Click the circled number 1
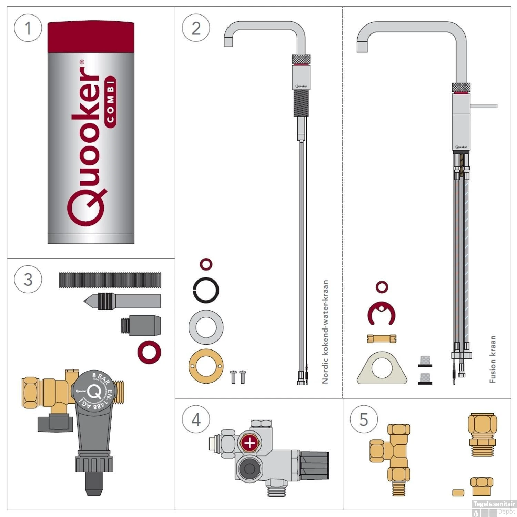click(x=28, y=28)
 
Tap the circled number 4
click(x=196, y=419)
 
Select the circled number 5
click(x=364, y=419)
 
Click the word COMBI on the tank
click(x=110, y=102)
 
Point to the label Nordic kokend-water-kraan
click(x=325, y=332)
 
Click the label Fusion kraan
click(x=493, y=359)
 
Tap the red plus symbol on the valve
click(x=250, y=443)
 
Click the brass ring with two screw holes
click(x=206, y=366)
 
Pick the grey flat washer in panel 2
click(x=206, y=327)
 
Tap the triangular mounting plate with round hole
click(x=382, y=369)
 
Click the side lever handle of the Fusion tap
click(x=484, y=106)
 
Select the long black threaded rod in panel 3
click(x=110, y=280)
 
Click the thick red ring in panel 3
click(x=149, y=352)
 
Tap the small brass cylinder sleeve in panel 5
click(x=458, y=493)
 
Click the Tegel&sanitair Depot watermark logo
click(x=494, y=507)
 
